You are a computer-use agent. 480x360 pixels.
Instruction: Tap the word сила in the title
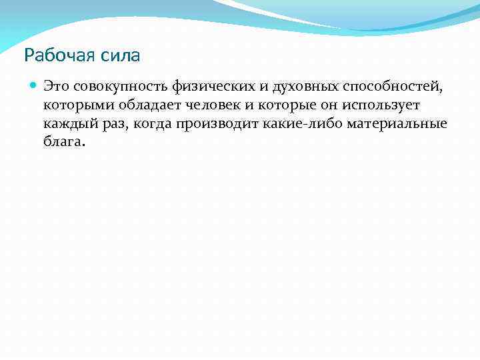(123, 55)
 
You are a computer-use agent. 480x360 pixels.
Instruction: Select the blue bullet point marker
(33, 86)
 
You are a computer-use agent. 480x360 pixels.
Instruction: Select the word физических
(209, 87)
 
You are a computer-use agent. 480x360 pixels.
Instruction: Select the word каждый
(67, 124)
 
